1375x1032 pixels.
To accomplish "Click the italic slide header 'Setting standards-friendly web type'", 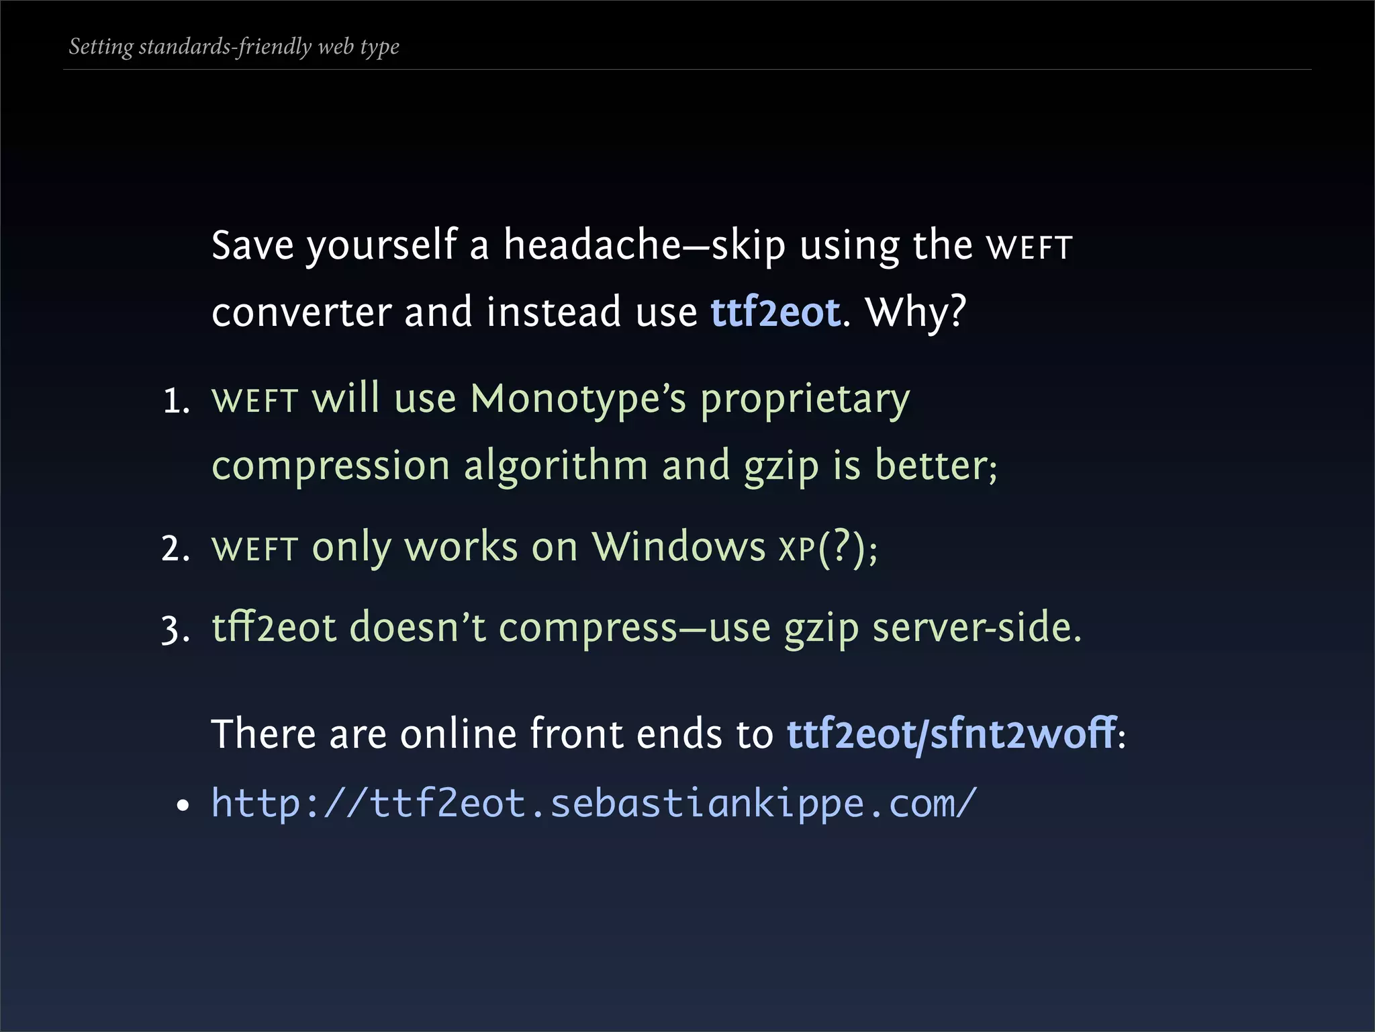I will coord(234,47).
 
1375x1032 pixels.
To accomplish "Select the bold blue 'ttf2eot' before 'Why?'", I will coord(775,312).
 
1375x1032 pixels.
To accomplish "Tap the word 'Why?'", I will coord(916,312).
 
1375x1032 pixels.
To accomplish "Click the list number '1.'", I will coord(177,402).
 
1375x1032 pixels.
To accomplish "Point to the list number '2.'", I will coord(176,549).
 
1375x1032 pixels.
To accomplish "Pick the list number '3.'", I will coord(176,630).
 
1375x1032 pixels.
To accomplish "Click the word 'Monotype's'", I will coord(578,399).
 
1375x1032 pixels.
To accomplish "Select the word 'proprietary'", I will coord(805,400).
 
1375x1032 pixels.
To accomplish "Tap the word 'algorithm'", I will coord(556,466).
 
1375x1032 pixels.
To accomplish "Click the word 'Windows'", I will coord(678,547).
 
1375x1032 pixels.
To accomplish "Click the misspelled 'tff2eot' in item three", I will coord(273,628).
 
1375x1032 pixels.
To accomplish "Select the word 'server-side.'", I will coord(976,628).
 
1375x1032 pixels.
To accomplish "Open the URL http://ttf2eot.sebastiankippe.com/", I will coord(594,804).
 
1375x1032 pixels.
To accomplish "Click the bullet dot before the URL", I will coord(183,806).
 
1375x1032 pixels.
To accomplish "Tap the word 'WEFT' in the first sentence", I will coord(1029,247).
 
